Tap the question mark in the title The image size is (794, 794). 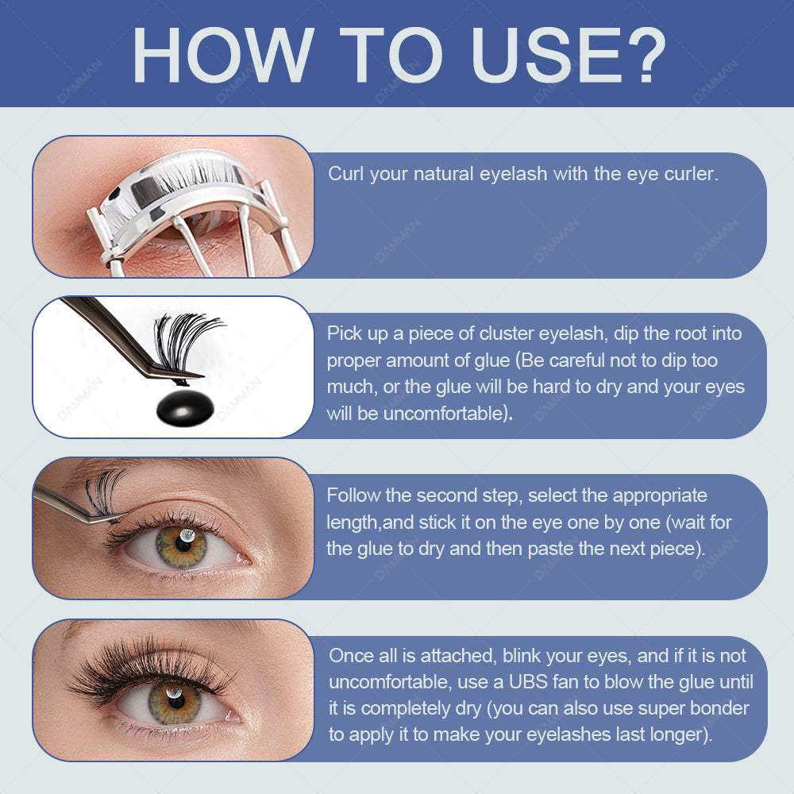644,55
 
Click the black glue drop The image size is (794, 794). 185,407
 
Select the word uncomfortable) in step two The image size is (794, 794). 445,413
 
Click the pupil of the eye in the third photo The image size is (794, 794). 183,543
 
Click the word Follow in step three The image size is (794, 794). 353,495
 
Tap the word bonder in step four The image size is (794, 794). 719,708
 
